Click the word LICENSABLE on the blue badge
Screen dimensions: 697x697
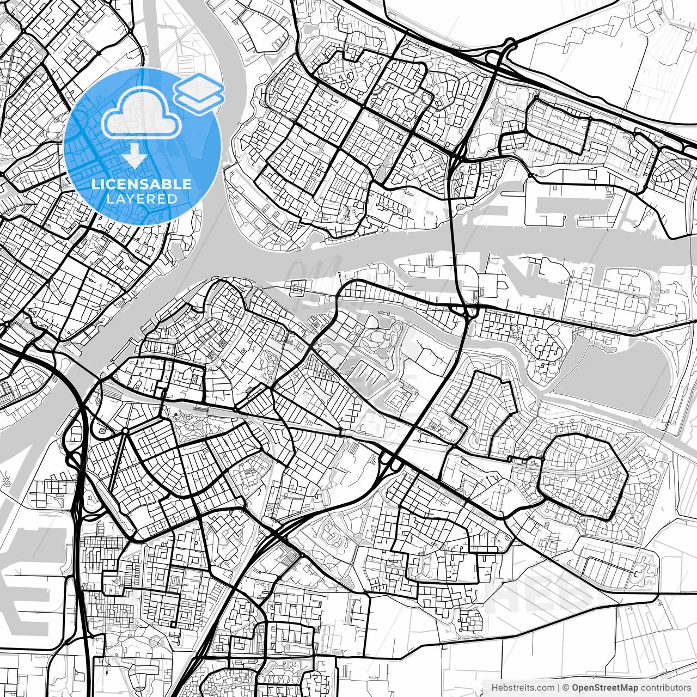[x=142, y=184]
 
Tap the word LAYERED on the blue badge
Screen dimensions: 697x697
[x=142, y=199]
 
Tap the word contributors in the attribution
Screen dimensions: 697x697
[x=665, y=688]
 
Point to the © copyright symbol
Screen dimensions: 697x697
[x=566, y=688]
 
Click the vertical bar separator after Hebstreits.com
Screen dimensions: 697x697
[x=559, y=688]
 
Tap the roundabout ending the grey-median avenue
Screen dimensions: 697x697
[x=125, y=431]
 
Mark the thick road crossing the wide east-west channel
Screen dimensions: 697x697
[x=455, y=245]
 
